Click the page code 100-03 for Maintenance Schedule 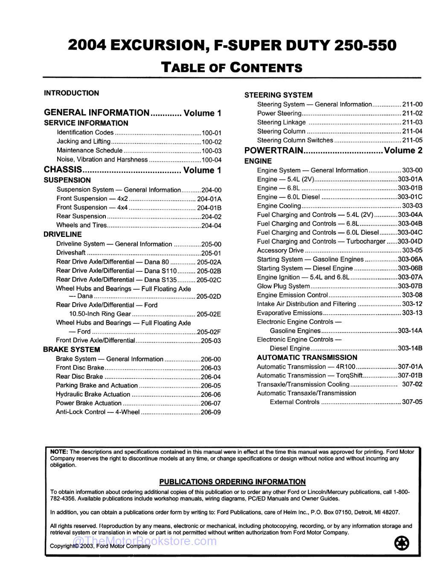point(212,151)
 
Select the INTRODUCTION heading point(71,93)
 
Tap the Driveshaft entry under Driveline point(71,253)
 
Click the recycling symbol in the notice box point(401,543)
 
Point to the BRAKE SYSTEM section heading point(71,350)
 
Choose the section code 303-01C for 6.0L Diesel point(410,197)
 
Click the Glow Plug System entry point(283,286)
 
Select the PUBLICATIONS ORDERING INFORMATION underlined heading point(233,482)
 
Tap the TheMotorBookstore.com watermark point(145,541)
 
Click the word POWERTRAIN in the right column point(273,151)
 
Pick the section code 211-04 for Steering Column point(412,131)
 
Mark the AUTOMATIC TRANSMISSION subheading point(307,358)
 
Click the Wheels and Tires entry point(81,225)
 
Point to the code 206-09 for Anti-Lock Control point(211,412)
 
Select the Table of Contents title point(232,67)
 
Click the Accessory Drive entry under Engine point(280,251)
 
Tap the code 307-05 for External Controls point(412,402)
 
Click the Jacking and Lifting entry point(84,142)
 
